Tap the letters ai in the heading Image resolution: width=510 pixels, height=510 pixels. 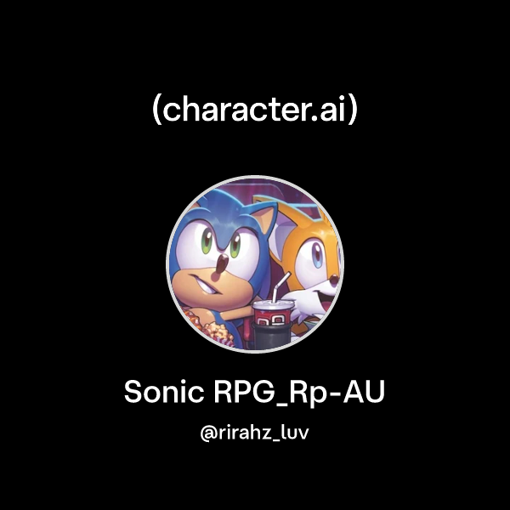click(x=333, y=110)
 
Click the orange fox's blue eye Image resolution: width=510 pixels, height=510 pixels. click(x=315, y=253)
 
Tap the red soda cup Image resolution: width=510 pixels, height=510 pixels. click(x=270, y=320)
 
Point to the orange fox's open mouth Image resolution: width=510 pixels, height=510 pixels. click(x=326, y=286)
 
